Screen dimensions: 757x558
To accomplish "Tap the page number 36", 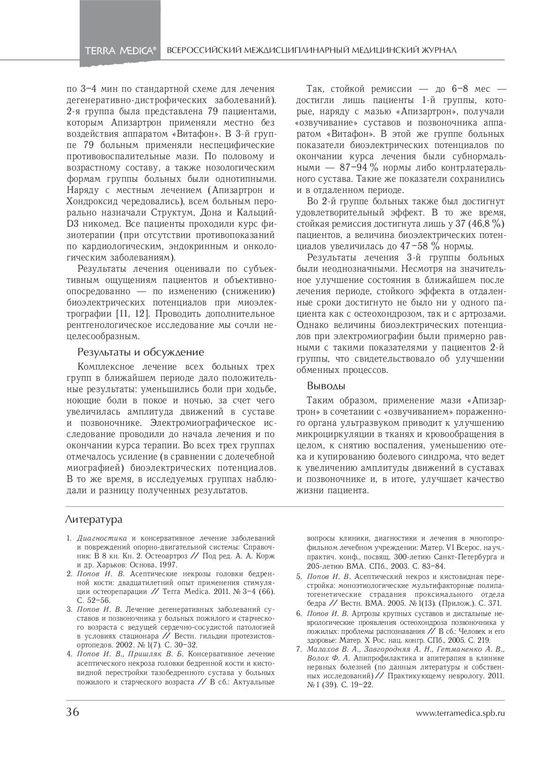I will click(73, 712).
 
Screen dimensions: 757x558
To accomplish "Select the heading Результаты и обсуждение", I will click(141, 352).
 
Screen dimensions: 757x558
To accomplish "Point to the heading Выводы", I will click(326, 386).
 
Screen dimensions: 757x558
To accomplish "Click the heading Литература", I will click(94, 520).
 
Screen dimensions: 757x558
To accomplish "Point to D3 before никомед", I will click(73, 224).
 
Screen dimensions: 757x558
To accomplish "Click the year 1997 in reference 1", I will click(168, 565).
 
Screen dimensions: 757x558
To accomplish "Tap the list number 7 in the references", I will click(298, 649).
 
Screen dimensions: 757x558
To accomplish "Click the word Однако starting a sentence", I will click(312, 325).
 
